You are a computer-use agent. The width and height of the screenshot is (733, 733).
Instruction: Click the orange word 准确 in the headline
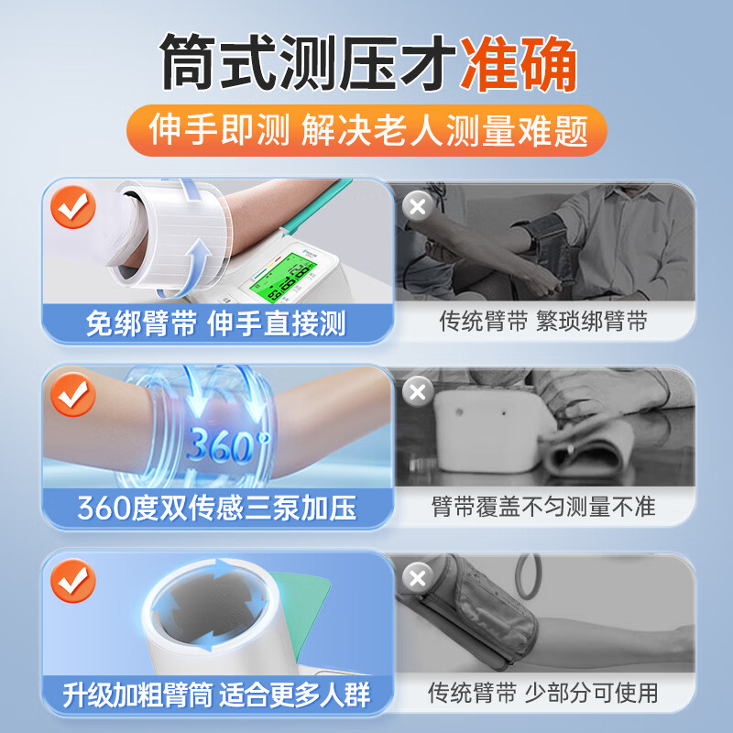point(520,63)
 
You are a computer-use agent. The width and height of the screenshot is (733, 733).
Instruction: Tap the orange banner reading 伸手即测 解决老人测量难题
point(366,131)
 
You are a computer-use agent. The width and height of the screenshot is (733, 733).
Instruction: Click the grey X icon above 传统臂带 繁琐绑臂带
point(418,205)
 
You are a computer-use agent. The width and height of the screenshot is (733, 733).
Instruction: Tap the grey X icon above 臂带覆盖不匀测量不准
point(418,392)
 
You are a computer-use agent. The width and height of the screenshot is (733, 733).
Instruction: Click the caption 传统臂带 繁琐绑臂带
point(543,321)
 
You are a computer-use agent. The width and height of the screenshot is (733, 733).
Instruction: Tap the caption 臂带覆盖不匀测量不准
point(543,506)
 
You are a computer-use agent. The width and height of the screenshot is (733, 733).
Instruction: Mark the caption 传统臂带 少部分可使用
point(543,693)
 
